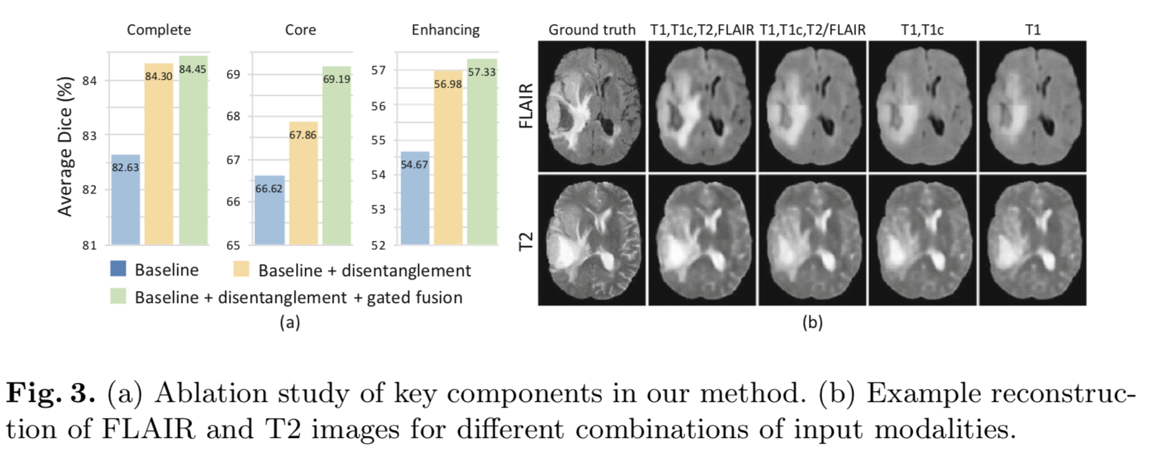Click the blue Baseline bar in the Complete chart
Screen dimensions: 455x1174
click(125, 201)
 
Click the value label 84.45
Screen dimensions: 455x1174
click(192, 69)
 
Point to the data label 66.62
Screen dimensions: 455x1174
click(268, 189)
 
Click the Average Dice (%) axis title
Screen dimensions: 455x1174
click(65, 146)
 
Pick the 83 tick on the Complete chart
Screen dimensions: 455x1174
click(90, 135)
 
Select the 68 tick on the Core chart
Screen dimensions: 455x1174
click(233, 116)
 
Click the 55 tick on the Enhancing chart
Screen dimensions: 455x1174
click(379, 140)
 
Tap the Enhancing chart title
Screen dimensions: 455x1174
click(445, 30)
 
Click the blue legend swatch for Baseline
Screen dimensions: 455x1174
click(118, 269)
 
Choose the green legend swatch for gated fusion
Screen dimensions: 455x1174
click(118, 297)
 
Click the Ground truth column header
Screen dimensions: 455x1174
click(591, 30)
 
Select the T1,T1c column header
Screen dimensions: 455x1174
click(922, 30)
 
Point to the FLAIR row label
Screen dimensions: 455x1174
click(526, 106)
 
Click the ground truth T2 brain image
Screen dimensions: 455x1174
click(592, 240)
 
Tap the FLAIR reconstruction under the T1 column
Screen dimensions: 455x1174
click(1032, 106)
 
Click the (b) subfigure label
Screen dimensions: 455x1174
click(812, 323)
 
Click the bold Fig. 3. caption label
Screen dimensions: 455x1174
click(50, 394)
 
